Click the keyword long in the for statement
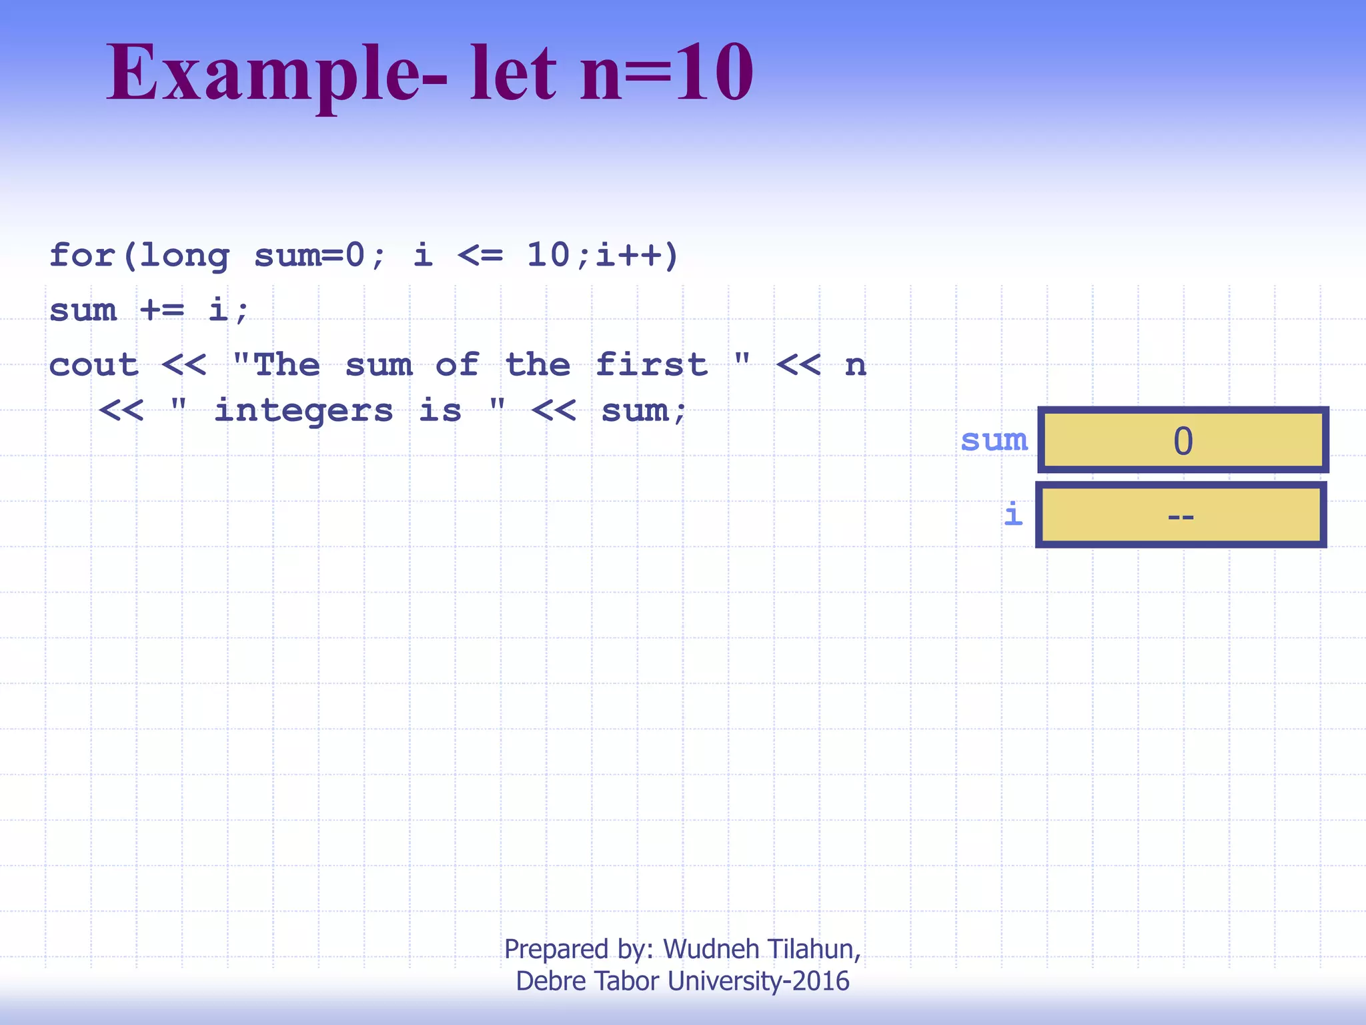pyautogui.click(x=185, y=256)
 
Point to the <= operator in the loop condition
pyautogui.click(x=480, y=255)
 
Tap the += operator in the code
pyautogui.click(x=162, y=310)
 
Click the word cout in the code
pyautogui.click(x=94, y=365)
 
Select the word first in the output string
pyautogui.click(x=652, y=365)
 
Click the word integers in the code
pyautogui.click(x=303, y=410)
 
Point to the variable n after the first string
pyautogui.click(x=855, y=366)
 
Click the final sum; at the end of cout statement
pyautogui.click(x=644, y=410)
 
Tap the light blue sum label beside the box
pyautogui.click(x=994, y=440)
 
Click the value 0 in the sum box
pyautogui.click(x=1183, y=441)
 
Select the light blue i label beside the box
pyautogui.click(x=1013, y=515)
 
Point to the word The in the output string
pyautogui.click(x=287, y=365)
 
